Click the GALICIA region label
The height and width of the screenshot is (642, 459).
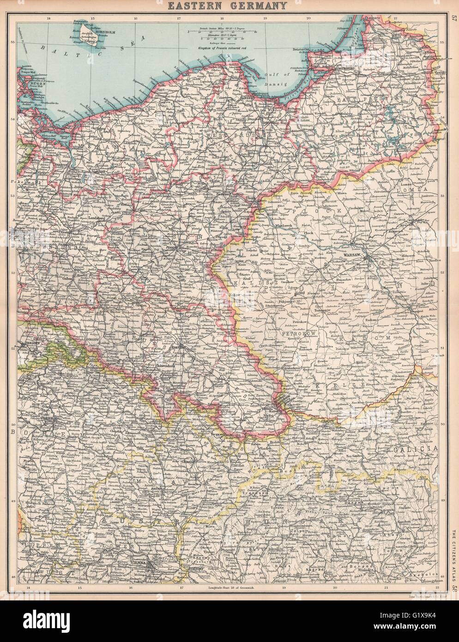[414, 448]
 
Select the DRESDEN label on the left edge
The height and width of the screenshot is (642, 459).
[27, 344]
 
